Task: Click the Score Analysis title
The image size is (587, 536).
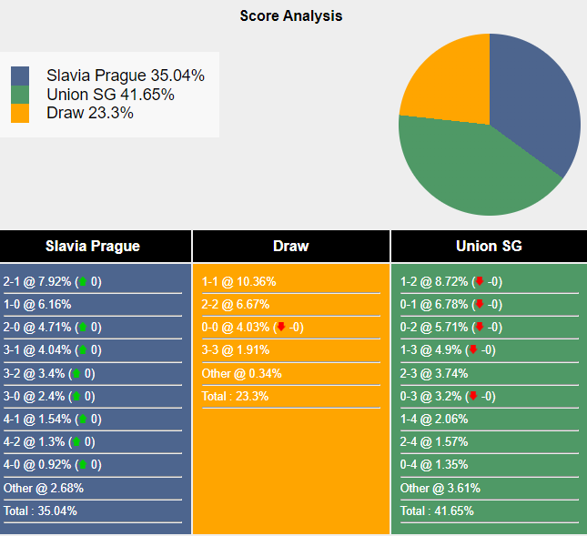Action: (x=291, y=16)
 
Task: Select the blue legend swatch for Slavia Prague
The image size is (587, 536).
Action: (x=20, y=76)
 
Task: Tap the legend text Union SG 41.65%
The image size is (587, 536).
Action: (x=110, y=95)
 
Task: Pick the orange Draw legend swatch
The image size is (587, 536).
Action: (x=20, y=113)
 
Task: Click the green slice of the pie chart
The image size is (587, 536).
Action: (x=464, y=168)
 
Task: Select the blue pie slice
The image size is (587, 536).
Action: (x=537, y=100)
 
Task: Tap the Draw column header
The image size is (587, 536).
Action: (x=291, y=246)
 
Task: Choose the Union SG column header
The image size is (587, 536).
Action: (x=489, y=246)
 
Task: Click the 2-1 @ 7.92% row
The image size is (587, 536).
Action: (x=53, y=282)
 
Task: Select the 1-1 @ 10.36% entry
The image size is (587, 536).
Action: (x=238, y=282)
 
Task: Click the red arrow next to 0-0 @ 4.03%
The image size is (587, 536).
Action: (x=281, y=328)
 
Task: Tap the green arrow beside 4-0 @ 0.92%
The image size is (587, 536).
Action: (x=83, y=465)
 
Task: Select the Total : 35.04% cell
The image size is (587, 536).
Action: (x=41, y=511)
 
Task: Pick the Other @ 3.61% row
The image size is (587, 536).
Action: (x=440, y=488)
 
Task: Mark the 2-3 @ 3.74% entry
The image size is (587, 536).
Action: (x=434, y=373)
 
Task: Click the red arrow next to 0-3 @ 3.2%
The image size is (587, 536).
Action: (x=472, y=396)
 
